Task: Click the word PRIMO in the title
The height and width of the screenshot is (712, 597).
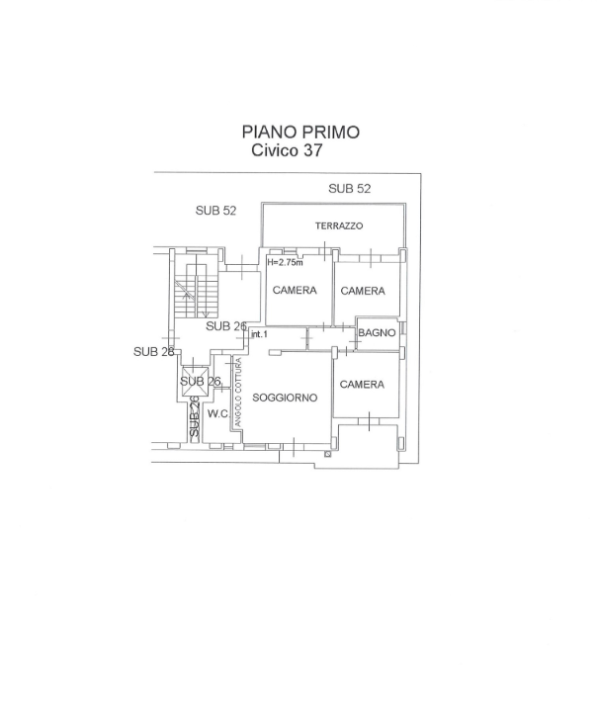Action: coord(331,132)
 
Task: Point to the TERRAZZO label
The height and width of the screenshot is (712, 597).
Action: coord(339,226)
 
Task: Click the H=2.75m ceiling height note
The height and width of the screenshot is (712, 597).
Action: coord(285,263)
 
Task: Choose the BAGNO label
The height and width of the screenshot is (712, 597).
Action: coord(377,333)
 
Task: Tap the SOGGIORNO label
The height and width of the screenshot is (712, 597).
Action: coord(285,398)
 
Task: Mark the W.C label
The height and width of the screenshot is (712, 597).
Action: coord(218,413)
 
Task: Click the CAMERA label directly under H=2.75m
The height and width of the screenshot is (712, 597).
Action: coord(295,291)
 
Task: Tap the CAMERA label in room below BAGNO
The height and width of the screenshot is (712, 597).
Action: coord(362,385)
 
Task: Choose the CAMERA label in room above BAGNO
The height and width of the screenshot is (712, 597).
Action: coord(363,291)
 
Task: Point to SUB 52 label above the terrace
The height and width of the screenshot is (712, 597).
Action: coord(350,189)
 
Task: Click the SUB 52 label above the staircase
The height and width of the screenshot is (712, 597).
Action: coord(215,210)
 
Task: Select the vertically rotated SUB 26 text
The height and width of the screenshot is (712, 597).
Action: coord(195,419)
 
